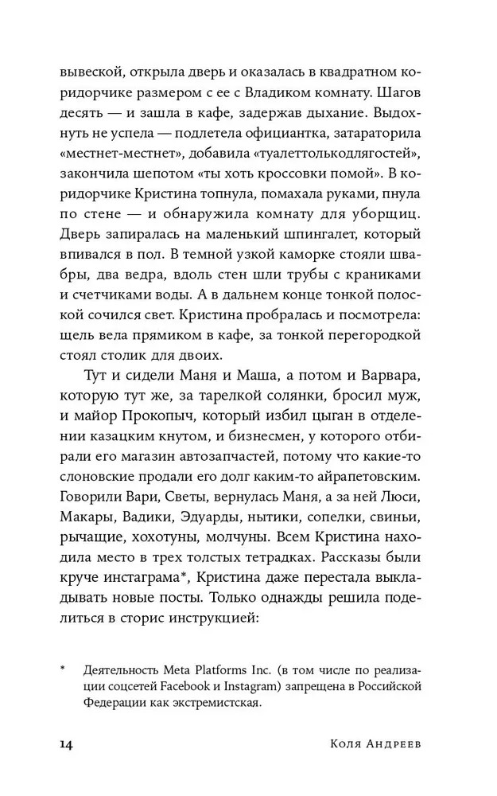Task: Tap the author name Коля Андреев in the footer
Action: tap(386, 744)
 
